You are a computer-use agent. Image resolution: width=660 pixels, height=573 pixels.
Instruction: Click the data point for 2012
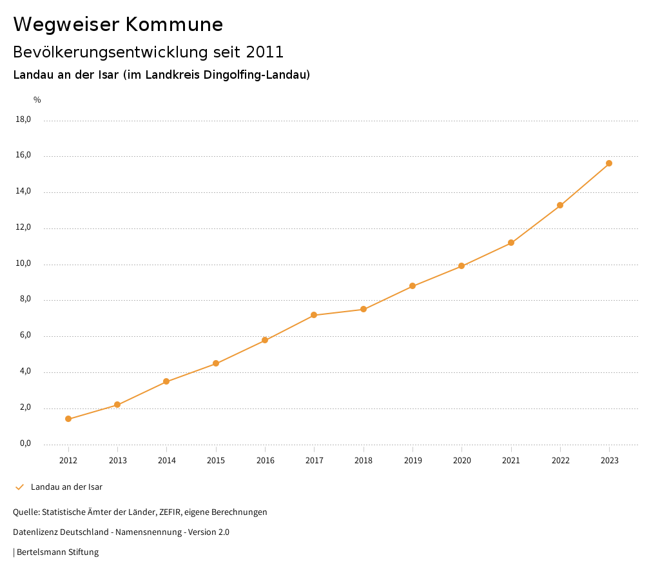pyautogui.click(x=68, y=419)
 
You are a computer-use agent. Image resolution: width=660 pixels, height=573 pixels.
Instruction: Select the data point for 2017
pyautogui.click(x=314, y=315)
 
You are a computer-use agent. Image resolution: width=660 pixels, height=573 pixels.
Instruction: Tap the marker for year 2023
pyautogui.click(x=609, y=163)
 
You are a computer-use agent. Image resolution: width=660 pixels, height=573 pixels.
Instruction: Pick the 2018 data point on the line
pyautogui.click(x=364, y=309)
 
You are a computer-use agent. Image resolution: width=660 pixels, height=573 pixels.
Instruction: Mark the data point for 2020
pyautogui.click(x=461, y=266)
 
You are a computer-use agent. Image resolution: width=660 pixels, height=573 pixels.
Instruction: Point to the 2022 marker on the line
pyautogui.click(x=560, y=205)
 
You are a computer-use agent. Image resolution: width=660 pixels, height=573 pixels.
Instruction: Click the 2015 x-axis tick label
pyautogui.click(x=216, y=460)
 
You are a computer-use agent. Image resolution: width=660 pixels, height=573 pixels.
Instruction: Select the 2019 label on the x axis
pyautogui.click(x=412, y=460)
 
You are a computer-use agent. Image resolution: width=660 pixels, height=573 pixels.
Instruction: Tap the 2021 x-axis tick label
pyautogui.click(x=511, y=460)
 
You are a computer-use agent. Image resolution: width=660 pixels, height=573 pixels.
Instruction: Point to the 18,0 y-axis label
pyautogui.click(x=24, y=119)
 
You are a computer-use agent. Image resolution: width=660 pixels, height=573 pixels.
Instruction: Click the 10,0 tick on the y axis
pyautogui.click(x=24, y=264)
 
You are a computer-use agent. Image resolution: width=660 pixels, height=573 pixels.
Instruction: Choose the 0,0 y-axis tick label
pyautogui.click(x=25, y=444)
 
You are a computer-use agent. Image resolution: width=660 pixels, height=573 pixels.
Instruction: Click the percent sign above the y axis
pyautogui.click(x=37, y=100)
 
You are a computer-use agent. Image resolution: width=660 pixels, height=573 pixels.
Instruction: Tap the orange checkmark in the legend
pyautogui.click(x=19, y=487)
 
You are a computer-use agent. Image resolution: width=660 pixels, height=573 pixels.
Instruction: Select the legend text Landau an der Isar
pyautogui.click(x=66, y=487)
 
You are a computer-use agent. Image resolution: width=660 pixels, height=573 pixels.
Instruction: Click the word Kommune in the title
pyautogui.click(x=174, y=25)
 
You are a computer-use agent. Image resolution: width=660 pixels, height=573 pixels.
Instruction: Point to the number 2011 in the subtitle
pyautogui.click(x=265, y=52)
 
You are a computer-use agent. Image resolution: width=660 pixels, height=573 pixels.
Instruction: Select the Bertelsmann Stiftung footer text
pyautogui.click(x=57, y=552)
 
